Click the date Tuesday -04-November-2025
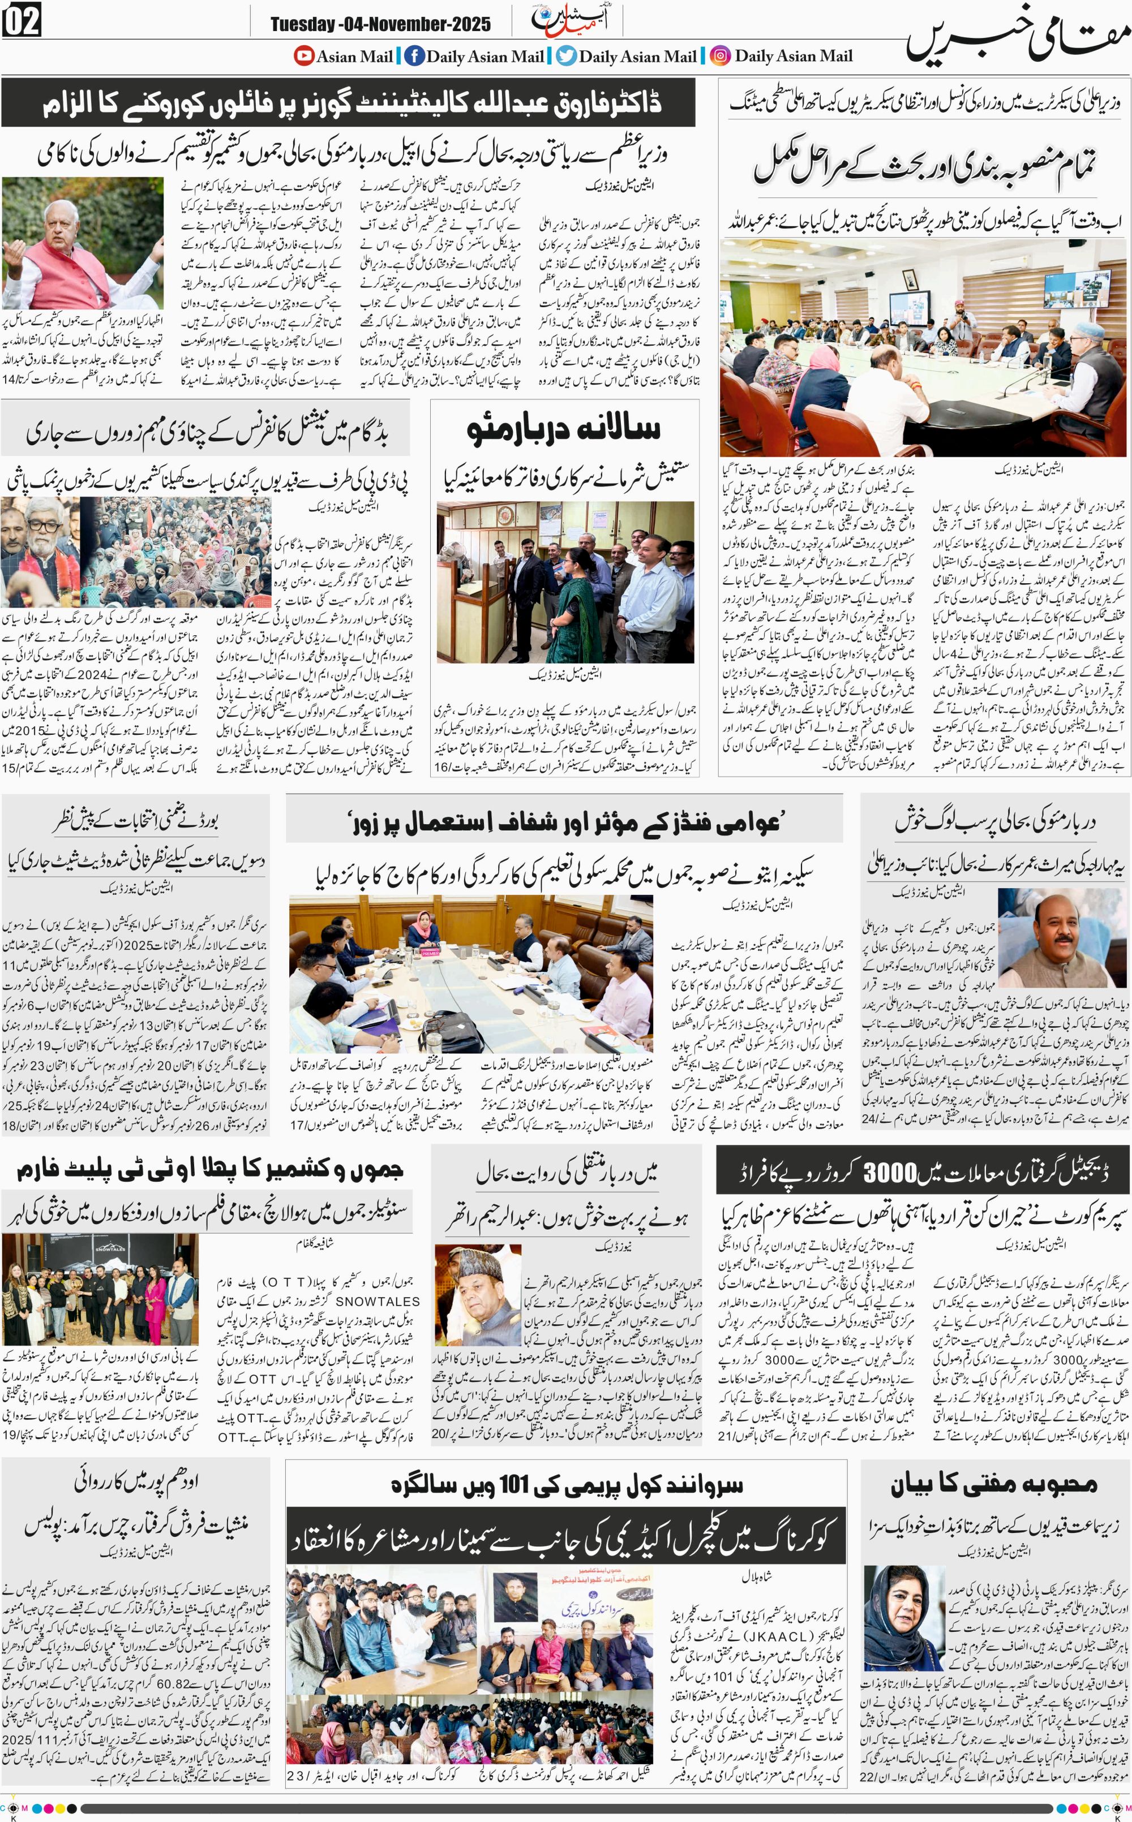380,25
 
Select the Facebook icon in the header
414,55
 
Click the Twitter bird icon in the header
566,55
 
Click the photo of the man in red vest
83,243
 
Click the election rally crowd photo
135,552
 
